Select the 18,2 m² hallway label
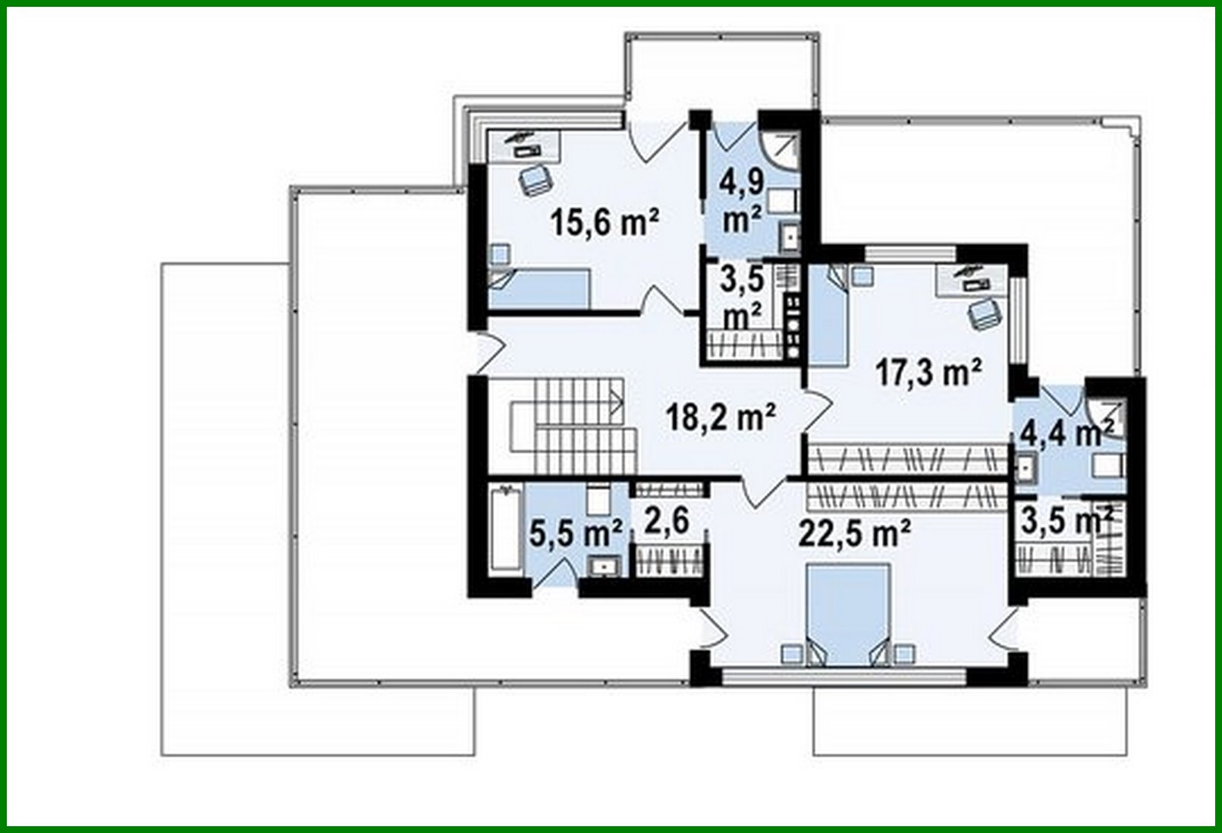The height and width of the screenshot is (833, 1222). (721, 417)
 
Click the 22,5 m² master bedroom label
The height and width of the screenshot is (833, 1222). (854, 534)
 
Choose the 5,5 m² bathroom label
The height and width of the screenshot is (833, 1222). (576, 533)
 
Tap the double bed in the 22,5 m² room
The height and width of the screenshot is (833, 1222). (847, 615)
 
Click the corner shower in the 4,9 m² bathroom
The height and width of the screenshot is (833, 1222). (781, 149)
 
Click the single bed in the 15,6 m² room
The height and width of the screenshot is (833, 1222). (540, 289)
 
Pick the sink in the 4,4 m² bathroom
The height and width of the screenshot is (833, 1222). (1025, 468)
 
